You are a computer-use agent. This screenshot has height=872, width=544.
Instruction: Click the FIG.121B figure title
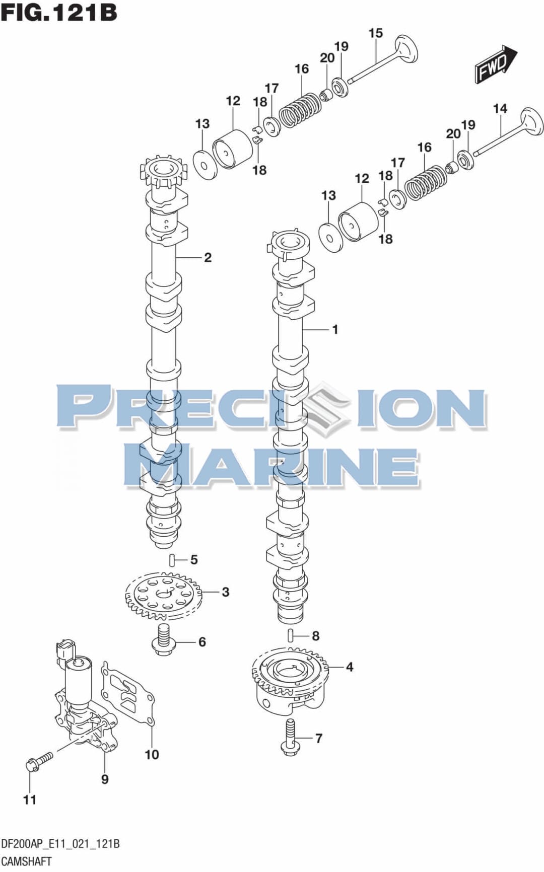59,13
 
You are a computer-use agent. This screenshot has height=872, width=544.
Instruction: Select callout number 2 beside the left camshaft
208,258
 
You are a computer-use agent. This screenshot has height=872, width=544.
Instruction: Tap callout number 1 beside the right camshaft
335,330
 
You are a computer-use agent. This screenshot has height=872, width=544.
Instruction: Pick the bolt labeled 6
162,640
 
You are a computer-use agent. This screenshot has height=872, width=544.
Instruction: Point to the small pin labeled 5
172,559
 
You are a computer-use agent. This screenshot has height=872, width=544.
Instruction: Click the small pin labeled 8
291,635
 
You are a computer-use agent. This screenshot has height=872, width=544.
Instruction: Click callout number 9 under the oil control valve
105,779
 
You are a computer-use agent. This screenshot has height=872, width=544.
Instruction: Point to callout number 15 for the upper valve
376,33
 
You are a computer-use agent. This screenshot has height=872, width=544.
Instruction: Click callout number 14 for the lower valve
500,109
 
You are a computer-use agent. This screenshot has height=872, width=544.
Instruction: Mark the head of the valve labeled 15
406,49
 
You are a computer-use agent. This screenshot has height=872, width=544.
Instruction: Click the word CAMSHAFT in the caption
26,861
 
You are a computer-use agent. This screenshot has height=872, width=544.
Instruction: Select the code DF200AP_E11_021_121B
60,844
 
